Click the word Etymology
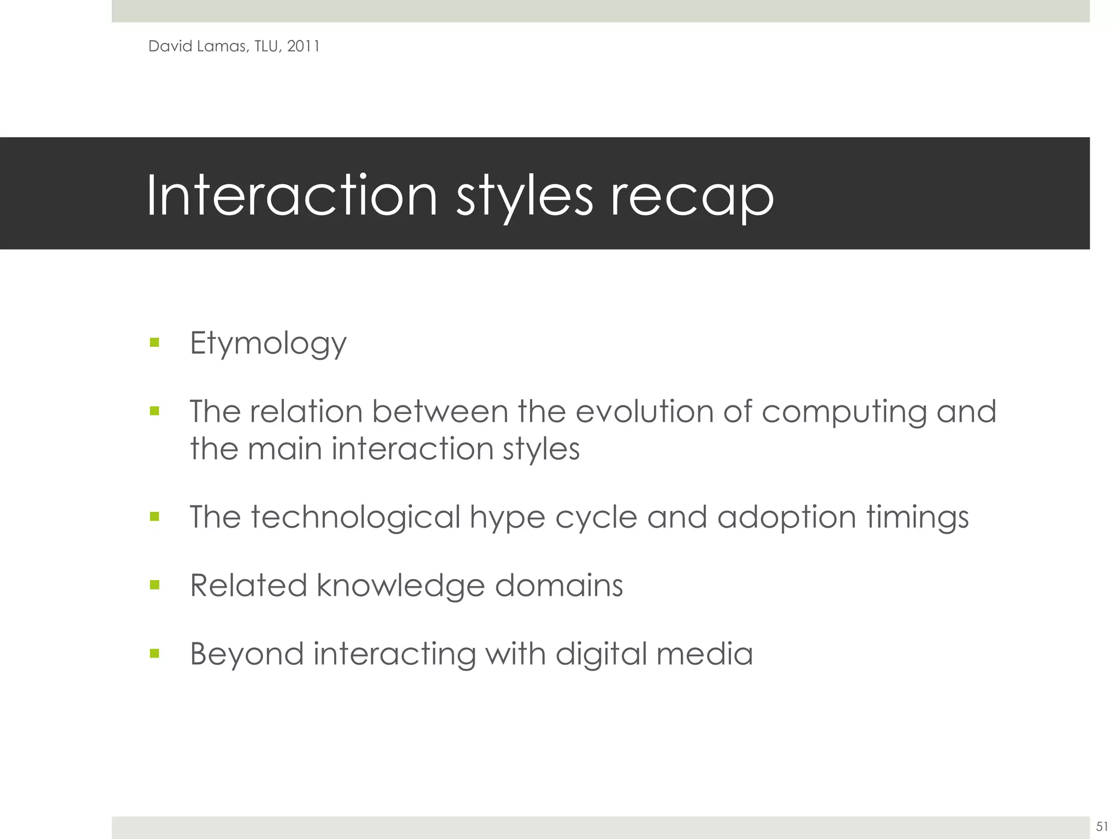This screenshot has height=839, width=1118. click(x=268, y=344)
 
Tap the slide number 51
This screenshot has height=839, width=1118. click(x=1102, y=826)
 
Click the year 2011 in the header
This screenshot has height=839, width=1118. click(x=303, y=46)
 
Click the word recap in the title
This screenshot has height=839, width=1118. click(x=692, y=197)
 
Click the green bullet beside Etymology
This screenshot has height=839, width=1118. click(x=154, y=343)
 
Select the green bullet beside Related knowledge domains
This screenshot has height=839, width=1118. click(x=154, y=586)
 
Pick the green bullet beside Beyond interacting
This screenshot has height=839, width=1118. click(x=154, y=653)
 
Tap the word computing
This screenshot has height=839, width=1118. click(x=844, y=412)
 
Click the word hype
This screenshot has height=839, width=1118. click(x=507, y=518)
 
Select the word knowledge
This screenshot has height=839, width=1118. click(x=401, y=586)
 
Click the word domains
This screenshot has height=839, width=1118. click(x=558, y=586)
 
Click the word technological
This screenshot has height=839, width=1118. click(x=356, y=518)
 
